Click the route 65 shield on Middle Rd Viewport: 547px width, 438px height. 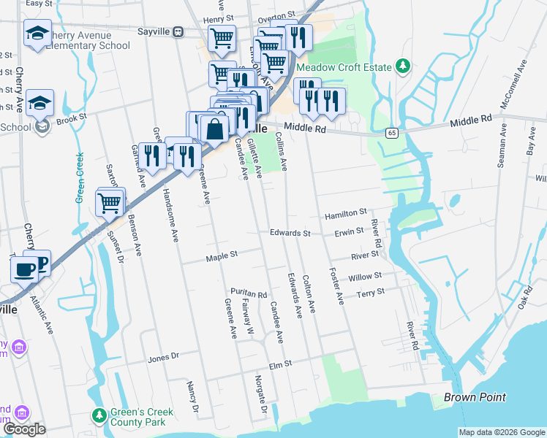click(393, 132)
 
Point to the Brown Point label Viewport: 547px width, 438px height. click(475, 397)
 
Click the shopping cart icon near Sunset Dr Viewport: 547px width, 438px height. click(109, 202)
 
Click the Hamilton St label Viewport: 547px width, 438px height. click(346, 212)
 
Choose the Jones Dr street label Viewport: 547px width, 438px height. click(163, 358)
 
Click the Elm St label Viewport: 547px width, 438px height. click(280, 363)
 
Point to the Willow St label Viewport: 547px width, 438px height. click(366, 277)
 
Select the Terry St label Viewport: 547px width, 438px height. click(370, 292)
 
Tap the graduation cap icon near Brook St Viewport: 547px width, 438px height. click(40, 102)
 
